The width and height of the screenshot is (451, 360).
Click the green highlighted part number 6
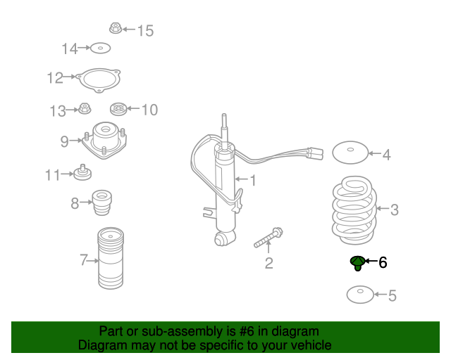click(357, 263)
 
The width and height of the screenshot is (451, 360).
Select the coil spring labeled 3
click(354, 210)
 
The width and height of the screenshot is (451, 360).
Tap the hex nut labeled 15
click(116, 28)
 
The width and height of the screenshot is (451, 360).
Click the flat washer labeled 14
click(100, 49)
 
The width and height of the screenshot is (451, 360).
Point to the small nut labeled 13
click(85, 108)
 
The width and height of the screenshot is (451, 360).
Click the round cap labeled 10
click(118, 109)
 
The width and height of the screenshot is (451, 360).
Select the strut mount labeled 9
click(104, 140)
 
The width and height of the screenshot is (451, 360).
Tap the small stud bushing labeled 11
click(82, 173)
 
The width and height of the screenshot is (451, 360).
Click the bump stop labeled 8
click(101, 202)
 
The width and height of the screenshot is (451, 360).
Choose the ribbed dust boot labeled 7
click(111, 258)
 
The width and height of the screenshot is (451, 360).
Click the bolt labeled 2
click(268, 237)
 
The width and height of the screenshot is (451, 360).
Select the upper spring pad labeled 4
click(350, 153)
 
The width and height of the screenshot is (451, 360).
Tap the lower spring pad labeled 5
click(360, 295)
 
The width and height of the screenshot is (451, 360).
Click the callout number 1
click(253, 180)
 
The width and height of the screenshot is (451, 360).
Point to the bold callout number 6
click(383, 262)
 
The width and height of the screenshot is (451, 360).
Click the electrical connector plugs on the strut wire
click(316, 153)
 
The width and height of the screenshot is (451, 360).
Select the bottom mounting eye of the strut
click(221, 238)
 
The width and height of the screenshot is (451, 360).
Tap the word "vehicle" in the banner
click(312, 345)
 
